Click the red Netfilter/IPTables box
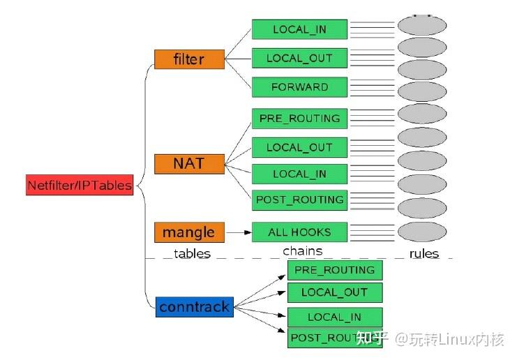pyautogui.click(x=78, y=186)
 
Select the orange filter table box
pyautogui.click(x=188, y=59)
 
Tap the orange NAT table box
pyautogui.click(x=189, y=164)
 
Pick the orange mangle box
pyautogui.click(x=188, y=232)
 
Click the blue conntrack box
pyautogui.click(x=193, y=307)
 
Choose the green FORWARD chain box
pyautogui.click(x=299, y=87)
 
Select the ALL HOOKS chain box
pyautogui.click(x=299, y=232)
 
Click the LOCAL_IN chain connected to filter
pyautogui.click(x=299, y=29)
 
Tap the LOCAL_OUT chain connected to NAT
pyautogui.click(x=299, y=147)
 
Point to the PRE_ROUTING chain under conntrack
pyautogui.click(x=334, y=270)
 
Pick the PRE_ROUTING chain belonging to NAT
pyautogui.click(x=299, y=118)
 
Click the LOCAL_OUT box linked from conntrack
pyautogui.click(x=334, y=292)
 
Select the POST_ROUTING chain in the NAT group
pyautogui.click(x=299, y=200)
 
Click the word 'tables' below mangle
pyautogui.click(x=191, y=253)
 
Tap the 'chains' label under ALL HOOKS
pyautogui.click(x=302, y=250)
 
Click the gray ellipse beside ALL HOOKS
pyautogui.click(x=421, y=231)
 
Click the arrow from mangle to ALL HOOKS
pyautogui.click(x=238, y=232)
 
